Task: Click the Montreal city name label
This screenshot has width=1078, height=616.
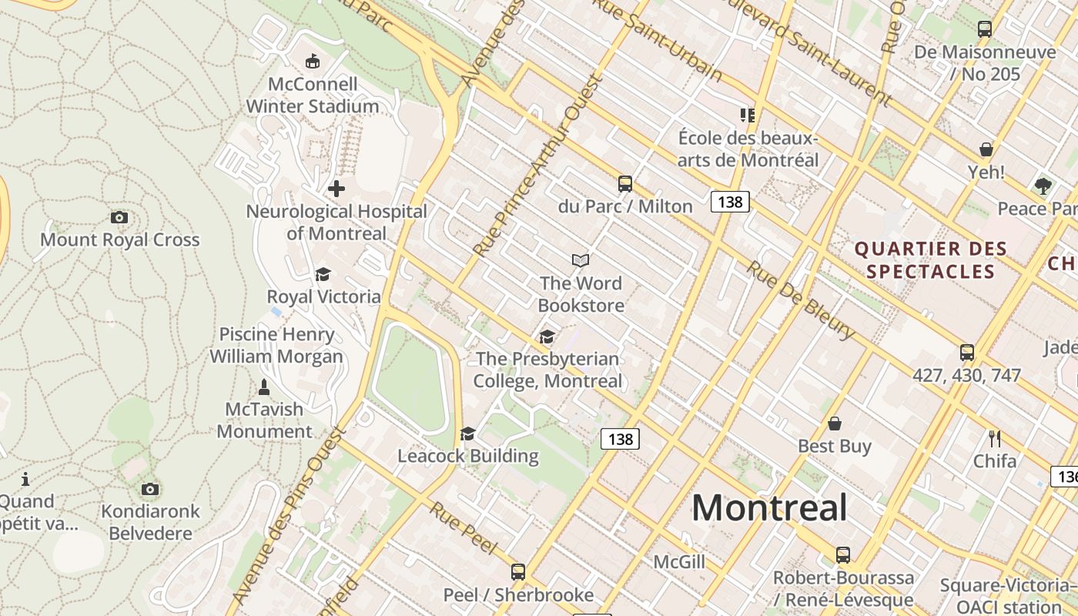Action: click(769, 508)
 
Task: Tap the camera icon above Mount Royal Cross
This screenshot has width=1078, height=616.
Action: click(119, 217)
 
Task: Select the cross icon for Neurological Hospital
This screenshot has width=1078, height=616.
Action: click(336, 188)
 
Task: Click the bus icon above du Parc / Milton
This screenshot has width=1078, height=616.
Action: click(624, 184)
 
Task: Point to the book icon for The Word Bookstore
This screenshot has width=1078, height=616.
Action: click(581, 261)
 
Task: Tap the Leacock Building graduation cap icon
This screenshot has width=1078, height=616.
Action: click(467, 434)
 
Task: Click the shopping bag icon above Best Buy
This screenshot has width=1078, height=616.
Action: click(834, 423)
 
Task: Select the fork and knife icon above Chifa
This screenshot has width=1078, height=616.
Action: click(995, 439)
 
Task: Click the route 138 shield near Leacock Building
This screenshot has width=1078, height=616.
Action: click(620, 439)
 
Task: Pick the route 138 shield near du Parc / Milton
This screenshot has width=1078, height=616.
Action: click(730, 202)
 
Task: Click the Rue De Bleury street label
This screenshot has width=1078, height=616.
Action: click(801, 300)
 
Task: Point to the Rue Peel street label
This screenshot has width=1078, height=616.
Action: click(463, 527)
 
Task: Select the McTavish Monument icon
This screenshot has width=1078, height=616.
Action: click(264, 387)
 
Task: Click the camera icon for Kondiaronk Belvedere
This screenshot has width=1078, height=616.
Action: click(150, 489)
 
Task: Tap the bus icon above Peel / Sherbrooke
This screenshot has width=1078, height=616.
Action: click(518, 572)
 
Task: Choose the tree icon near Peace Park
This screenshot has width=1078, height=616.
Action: click(1043, 186)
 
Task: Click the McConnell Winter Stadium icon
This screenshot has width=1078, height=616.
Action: click(312, 61)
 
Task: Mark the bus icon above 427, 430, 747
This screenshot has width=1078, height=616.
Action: click(967, 353)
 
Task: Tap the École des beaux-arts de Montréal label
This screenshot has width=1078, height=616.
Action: click(748, 149)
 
